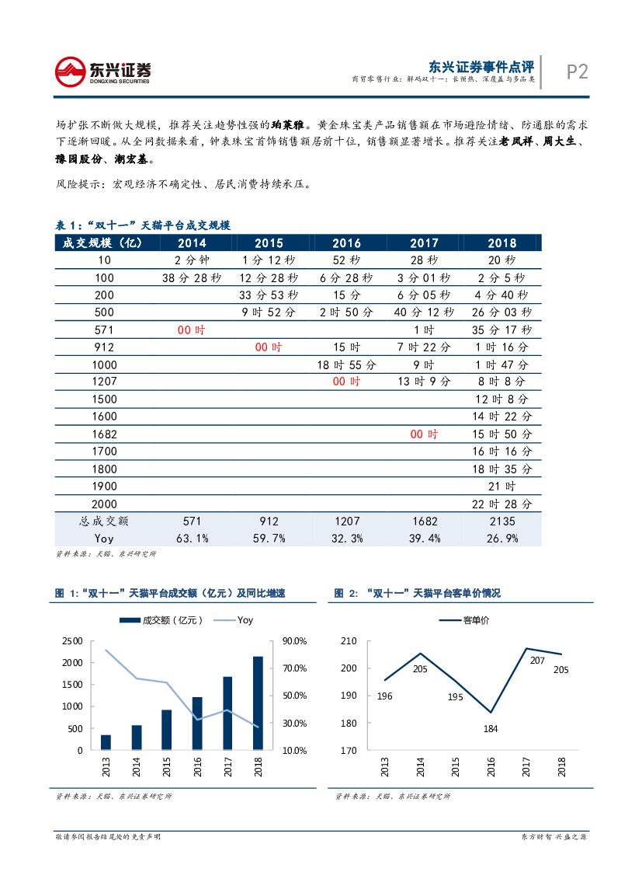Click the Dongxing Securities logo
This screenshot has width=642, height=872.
tap(102, 72)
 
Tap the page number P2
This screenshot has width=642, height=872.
tap(577, 72)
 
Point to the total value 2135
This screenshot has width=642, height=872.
tap(502, 521)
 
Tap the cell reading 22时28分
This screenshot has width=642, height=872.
tap(502, 503)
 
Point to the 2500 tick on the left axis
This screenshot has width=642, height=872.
tap(71, 640)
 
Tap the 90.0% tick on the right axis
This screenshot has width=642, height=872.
tap(296, 640)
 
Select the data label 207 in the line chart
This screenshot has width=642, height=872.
tap(536, 661)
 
